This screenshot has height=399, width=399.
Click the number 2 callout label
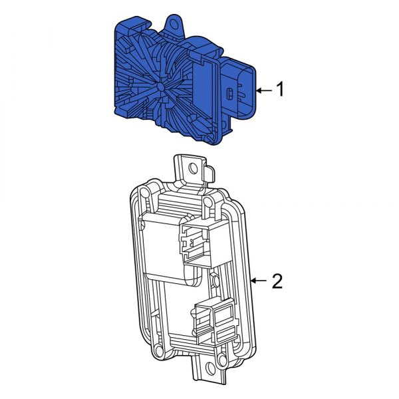tap(277, 282)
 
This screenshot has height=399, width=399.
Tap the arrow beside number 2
tap(260, 282)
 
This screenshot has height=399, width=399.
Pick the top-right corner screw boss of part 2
tap(209, 199)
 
